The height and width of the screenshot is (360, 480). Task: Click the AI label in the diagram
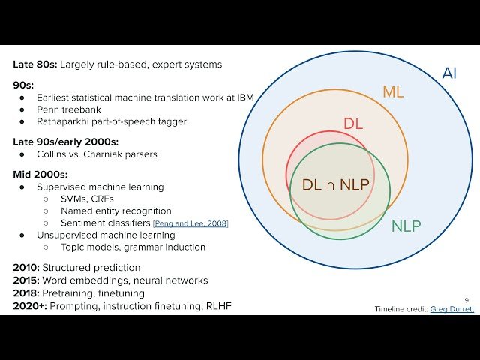pyautogui.click(x=449, y=73)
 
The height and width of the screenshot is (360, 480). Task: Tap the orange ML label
pyautogui.click(x=394, y=92)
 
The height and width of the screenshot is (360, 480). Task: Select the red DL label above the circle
pyautogui.click(x=353, y=124)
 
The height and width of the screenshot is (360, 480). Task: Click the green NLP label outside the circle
pyautogui.click(x=406, y=226)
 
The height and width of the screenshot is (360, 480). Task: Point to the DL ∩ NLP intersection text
pyautogui.click(x=335, y=184)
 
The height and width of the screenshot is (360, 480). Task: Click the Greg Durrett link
pyautogui.click(x=452, y=308)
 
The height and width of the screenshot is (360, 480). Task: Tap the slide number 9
pyautogui.click(x=466, y=300)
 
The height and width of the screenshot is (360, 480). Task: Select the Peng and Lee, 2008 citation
pyautogui.click(x=190, y=223)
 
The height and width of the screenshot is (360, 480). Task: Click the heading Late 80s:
pyautogui.click(x=34, y=64)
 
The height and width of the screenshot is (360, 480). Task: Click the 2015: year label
pyautogui.click(x=26, y=280)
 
